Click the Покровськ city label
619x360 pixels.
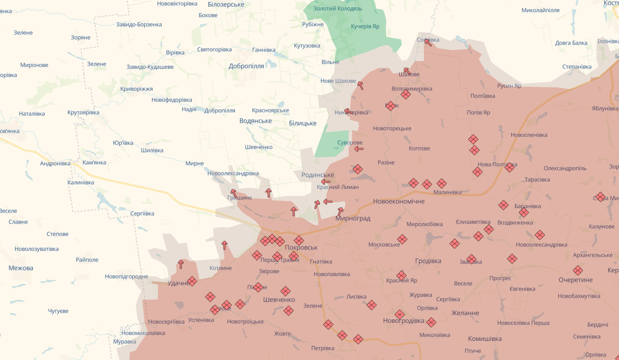point(301,247)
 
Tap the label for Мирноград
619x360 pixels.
point(353,219)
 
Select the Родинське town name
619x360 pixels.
point(318,175)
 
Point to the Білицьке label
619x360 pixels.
point(302,123)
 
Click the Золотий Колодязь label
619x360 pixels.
point(331,8)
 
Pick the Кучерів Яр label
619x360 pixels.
point(365,26)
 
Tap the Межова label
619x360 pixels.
point(21,268)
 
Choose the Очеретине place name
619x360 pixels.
point(575,280)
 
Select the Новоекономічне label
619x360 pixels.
point(399,201)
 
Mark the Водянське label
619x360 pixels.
point(255,121)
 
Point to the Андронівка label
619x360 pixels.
point(55,164)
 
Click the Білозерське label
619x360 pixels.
point(226,4)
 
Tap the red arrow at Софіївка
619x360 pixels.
point(428,42)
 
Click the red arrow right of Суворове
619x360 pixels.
point(359,149)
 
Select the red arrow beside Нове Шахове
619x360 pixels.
point(360,85)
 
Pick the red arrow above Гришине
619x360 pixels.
point(233,193)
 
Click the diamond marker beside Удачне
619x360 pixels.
point(192,281)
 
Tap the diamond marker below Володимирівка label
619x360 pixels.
point(405,94)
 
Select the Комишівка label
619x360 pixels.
point(484,339)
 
